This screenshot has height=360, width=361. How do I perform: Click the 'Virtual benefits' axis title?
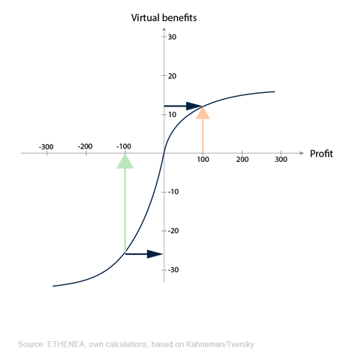(x=164, y=18)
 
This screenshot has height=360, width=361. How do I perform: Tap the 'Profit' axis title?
(x=321, y=154)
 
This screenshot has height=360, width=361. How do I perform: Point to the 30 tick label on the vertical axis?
(x=172, y=37)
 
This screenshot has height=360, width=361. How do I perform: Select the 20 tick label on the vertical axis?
(x=172, y=76)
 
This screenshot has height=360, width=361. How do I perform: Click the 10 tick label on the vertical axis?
(x=172, y=115)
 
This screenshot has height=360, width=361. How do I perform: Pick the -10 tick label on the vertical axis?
(x=173, y=192)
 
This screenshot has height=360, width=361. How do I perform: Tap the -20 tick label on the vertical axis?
(x=173, y=230)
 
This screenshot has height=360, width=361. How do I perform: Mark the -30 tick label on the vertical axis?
(x=173, y=270)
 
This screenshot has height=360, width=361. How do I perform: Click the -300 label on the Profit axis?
(x=47, y=147)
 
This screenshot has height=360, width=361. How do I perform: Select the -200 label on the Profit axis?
(x=86, y=146)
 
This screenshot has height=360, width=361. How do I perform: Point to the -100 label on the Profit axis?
(x=124, y=146)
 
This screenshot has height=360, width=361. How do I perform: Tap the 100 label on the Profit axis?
(x=203, y=159)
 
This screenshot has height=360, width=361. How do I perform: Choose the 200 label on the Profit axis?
(x=242, y=159)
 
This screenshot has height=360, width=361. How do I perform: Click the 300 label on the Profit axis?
(x=281, y=159)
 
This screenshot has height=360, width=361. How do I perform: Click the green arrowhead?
(x=125, y=163)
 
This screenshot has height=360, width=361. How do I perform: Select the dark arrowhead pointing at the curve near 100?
(x=194, y=106)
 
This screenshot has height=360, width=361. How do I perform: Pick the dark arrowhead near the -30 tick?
(x=155, y=254)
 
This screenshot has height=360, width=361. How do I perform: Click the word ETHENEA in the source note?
(x=66, y=344)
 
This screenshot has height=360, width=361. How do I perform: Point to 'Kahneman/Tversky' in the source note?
(x=220, y=344)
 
